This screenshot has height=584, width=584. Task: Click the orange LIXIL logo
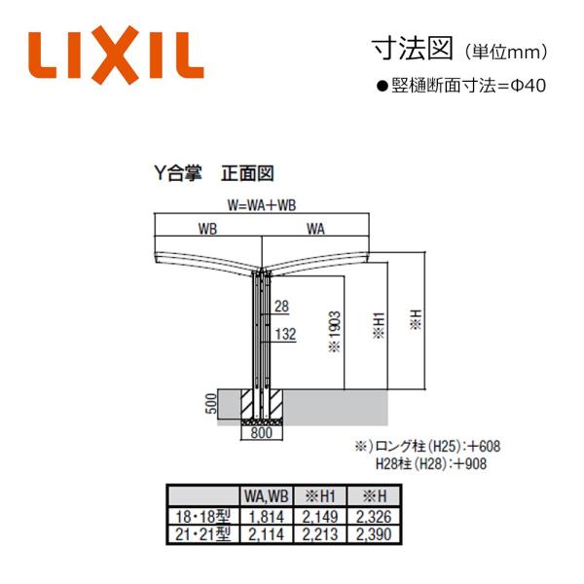(116, 55)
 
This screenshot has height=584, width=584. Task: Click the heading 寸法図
(413, 49)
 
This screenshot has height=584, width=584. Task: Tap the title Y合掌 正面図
(214, 173)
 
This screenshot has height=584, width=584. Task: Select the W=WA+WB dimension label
(262, 205)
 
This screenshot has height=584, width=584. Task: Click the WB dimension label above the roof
(208, 229)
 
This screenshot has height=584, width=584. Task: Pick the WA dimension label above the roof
(315, 229)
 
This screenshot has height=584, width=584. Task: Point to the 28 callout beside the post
(281, 307)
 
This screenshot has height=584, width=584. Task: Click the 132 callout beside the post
(285, 334)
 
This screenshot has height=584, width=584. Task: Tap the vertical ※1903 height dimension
(335, 332)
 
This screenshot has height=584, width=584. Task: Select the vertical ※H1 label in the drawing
(379, 325)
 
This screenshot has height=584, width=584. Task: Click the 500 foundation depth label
(211, 403)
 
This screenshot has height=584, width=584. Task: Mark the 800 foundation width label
(262, 433)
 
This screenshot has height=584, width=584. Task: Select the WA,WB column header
(267, 495)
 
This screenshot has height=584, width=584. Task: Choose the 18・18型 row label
(203, 517)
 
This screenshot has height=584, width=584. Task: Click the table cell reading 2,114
(267, 534)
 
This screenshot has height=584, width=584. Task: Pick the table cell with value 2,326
(374, 517)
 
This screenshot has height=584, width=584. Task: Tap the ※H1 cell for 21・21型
(320, 534)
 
